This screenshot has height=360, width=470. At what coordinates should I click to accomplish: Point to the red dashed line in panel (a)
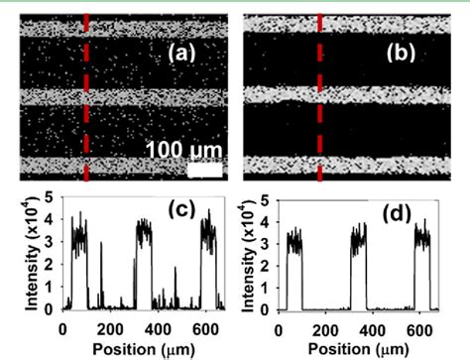(x=87, y=99)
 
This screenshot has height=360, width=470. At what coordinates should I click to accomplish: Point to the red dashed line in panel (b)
(x=319, y=99)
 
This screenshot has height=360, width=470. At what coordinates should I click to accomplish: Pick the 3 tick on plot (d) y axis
(x=272, y=248)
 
